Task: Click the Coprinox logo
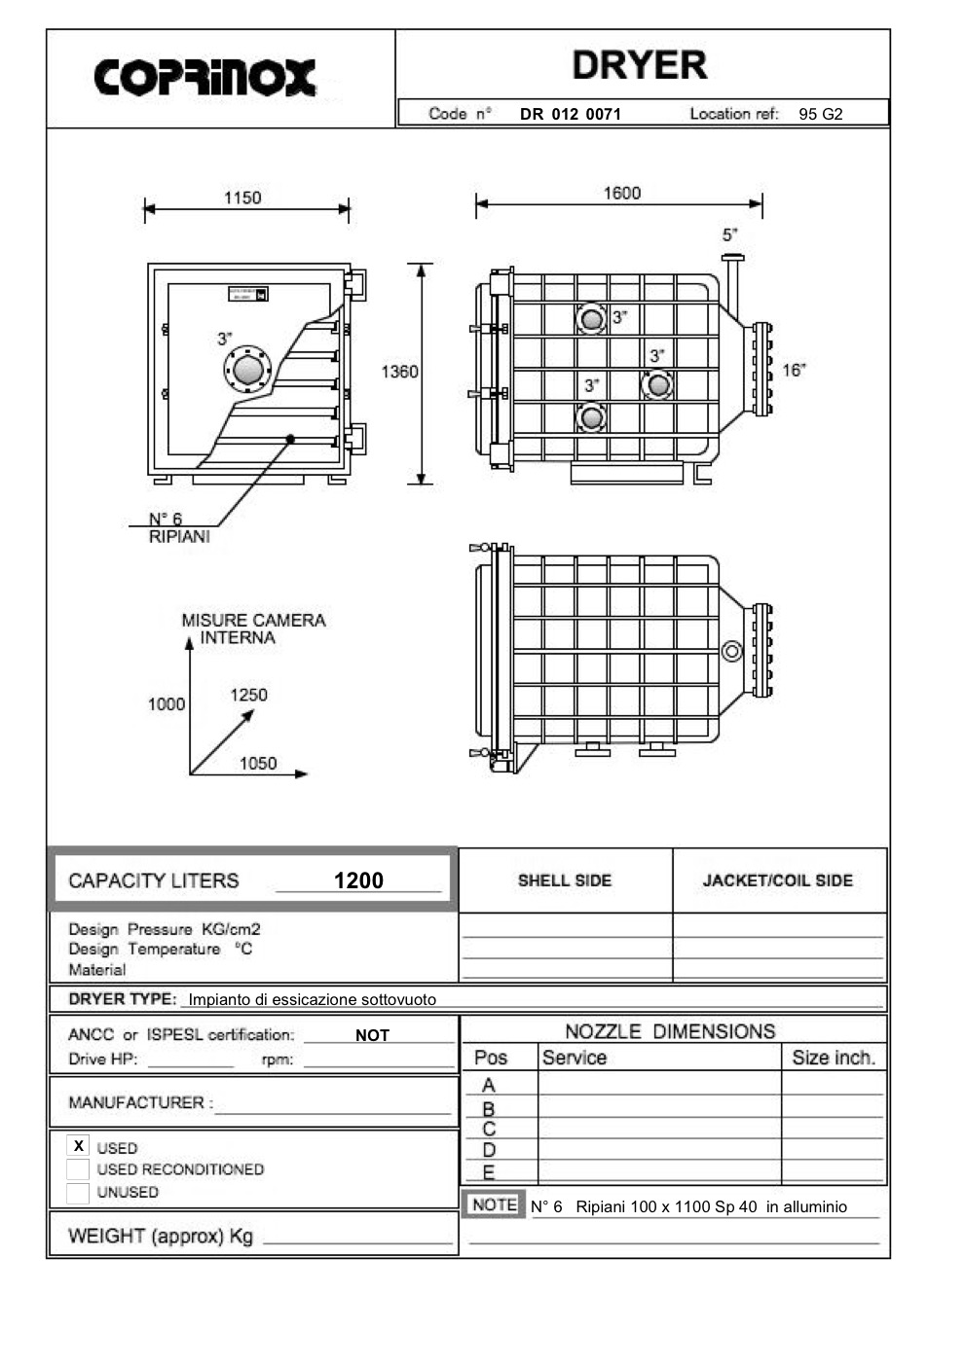[x=204, y=78]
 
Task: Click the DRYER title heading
[x=639, y=65]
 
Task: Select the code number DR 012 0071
[x=570, y=114]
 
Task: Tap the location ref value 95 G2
[x=820, y=114]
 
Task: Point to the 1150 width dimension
[x=242, y=198]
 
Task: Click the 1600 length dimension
[x=621, y=193]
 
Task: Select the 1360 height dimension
[x=399, y=372]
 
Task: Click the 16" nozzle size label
[x=794, y=370]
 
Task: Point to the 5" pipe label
[x=729, y=234]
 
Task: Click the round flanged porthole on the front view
[x=247, y=370]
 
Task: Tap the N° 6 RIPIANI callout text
[x=178, y=527]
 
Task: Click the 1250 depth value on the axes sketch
[x=248, y=695]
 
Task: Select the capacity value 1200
[x=358, y=880]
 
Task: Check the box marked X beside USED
[x=79, y=1146]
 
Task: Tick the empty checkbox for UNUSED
[x=78, y=1192]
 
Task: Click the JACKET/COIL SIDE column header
[x=777, y=880]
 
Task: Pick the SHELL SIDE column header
[x=564, y=880]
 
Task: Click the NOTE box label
[x=494, y=1204]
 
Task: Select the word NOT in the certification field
[x=372, y=1035]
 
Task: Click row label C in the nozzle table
[x=489, y=1129]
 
